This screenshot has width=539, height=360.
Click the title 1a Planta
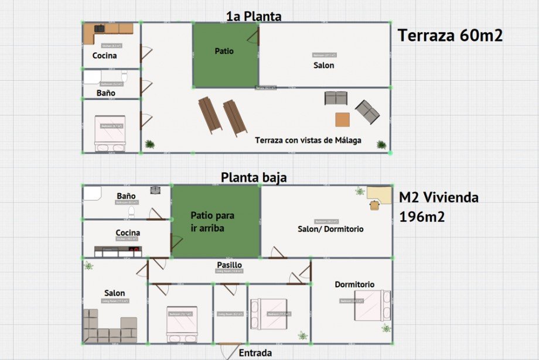coord(254,16)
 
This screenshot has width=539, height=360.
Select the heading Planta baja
coord(254,177)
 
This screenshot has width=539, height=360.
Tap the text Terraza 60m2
coord(451,36)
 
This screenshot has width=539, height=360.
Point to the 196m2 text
coord(422,217)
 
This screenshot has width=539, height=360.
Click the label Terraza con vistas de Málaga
coord(308,140)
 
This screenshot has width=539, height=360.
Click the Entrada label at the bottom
coord(255,353)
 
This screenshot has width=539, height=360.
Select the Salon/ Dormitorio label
coord(330,229)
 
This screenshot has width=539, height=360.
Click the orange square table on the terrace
coord(343,119)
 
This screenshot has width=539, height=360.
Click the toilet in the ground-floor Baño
coord(132,211)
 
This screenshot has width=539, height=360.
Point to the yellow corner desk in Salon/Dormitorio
coord(378,196)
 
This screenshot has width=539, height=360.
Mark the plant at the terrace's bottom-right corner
coord(381,145)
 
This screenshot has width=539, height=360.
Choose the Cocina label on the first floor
coord(105,56)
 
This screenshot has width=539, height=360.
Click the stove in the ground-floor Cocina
coord(134,251)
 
